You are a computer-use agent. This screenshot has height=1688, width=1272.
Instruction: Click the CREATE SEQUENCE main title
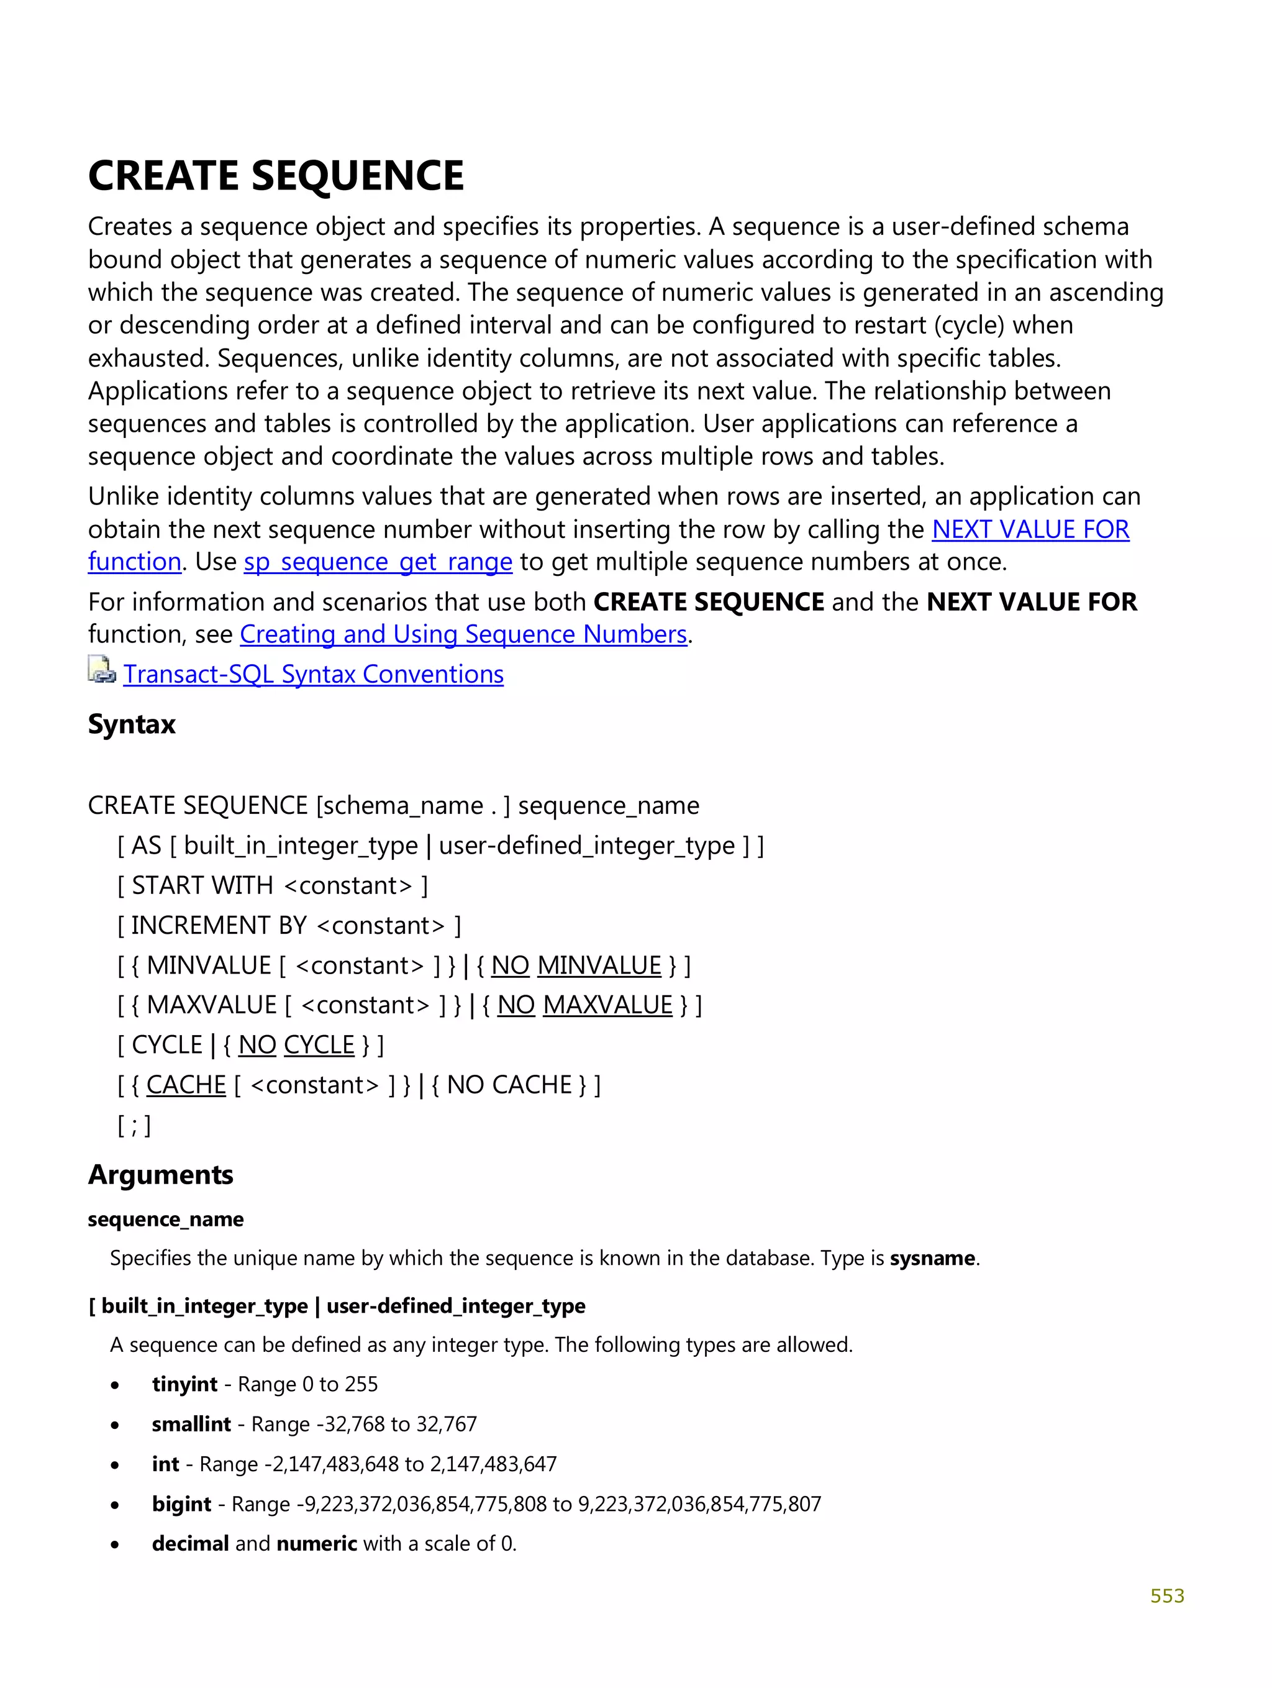276,176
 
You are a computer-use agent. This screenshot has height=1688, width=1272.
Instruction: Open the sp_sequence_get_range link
378,562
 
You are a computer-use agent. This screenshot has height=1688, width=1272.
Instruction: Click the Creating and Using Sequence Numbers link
463,634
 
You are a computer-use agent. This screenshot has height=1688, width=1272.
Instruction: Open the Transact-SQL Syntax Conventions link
313,674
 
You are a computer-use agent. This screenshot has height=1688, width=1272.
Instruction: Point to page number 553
1166,1595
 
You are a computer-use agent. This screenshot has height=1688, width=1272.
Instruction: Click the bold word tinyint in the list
184,1384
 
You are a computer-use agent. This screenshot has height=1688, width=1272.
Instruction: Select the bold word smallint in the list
191,1424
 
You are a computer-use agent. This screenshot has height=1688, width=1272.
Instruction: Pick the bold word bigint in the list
181,1503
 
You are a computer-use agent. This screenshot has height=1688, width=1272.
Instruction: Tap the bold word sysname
932,1257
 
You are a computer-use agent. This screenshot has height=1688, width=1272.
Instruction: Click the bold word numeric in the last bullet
316,1543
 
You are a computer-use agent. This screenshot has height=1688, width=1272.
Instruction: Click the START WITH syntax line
273,885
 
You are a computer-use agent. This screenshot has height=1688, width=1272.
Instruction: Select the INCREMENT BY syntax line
288,925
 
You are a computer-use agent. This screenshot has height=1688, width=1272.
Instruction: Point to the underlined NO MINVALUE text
576,965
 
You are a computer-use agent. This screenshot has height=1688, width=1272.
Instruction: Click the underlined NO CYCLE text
296,1045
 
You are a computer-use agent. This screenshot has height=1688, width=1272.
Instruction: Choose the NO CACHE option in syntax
509,1084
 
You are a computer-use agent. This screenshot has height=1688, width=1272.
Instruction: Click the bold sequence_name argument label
166,1219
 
